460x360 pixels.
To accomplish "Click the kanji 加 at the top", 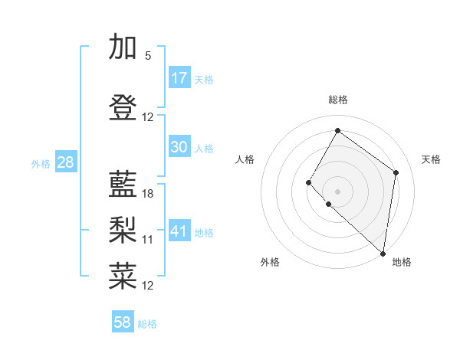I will click(123, 47).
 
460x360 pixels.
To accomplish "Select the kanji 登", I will click(123, 108).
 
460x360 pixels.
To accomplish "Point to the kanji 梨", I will click(123, 229).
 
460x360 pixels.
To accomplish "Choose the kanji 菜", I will click(123, 275).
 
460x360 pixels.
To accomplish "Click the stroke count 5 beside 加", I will click(147, 56).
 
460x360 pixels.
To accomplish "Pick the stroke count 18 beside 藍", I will click(148, 194).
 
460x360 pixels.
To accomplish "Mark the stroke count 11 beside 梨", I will click(148, 240).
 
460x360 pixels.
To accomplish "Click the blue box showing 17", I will click(179, 78).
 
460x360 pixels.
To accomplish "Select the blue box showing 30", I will click(179, 147).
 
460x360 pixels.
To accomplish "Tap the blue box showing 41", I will click(179, 231).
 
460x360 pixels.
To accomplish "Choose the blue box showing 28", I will click(64, 162).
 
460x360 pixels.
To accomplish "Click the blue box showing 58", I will click(123, 322).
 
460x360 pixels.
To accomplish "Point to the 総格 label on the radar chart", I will click(337, 100).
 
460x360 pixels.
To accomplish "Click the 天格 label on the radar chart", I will click(431, 159).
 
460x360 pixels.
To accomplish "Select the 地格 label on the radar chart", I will click(402, 262).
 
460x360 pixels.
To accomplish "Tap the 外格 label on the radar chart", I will click(270, 262).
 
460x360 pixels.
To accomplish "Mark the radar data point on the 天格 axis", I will click(396, 172).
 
